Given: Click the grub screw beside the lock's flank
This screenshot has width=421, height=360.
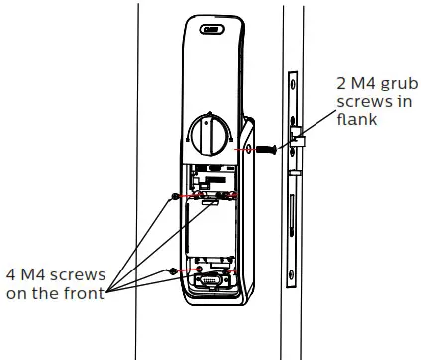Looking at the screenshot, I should click(266, 149).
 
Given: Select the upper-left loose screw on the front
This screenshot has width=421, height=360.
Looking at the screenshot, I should click(175, 195).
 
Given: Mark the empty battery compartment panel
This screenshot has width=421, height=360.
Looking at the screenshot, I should click(209, 234).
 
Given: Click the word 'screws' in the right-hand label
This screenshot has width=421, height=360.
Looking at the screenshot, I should click(340, 102).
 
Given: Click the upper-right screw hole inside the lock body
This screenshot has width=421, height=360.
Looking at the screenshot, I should click(232, 195).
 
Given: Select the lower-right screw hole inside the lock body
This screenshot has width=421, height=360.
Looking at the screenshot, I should click(232, 270).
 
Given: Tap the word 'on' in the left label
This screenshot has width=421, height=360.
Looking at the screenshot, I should click(16, 294).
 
